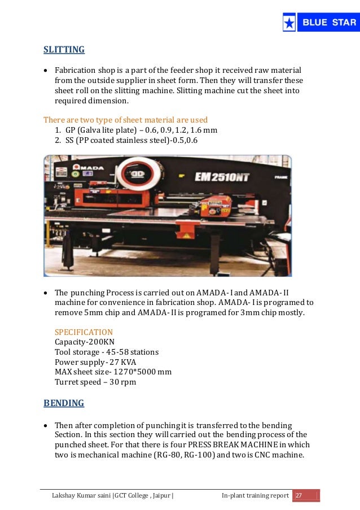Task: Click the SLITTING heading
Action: tap(64, 50)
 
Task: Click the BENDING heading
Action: tap(64, 403)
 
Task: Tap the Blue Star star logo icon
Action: tap(289, 23)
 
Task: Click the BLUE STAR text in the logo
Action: tap(329, 23)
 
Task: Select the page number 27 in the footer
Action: tap(299, 496)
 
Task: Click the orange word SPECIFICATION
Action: tap(84, 332)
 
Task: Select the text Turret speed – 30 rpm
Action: tap(95, 382)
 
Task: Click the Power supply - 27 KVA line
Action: tap(95, 362)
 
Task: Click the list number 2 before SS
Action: tap(58, 140)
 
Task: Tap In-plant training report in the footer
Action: tap(254, 496)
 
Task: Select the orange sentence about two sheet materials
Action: tap(125, 120)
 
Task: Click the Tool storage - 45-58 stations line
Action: tap(107, 352)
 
